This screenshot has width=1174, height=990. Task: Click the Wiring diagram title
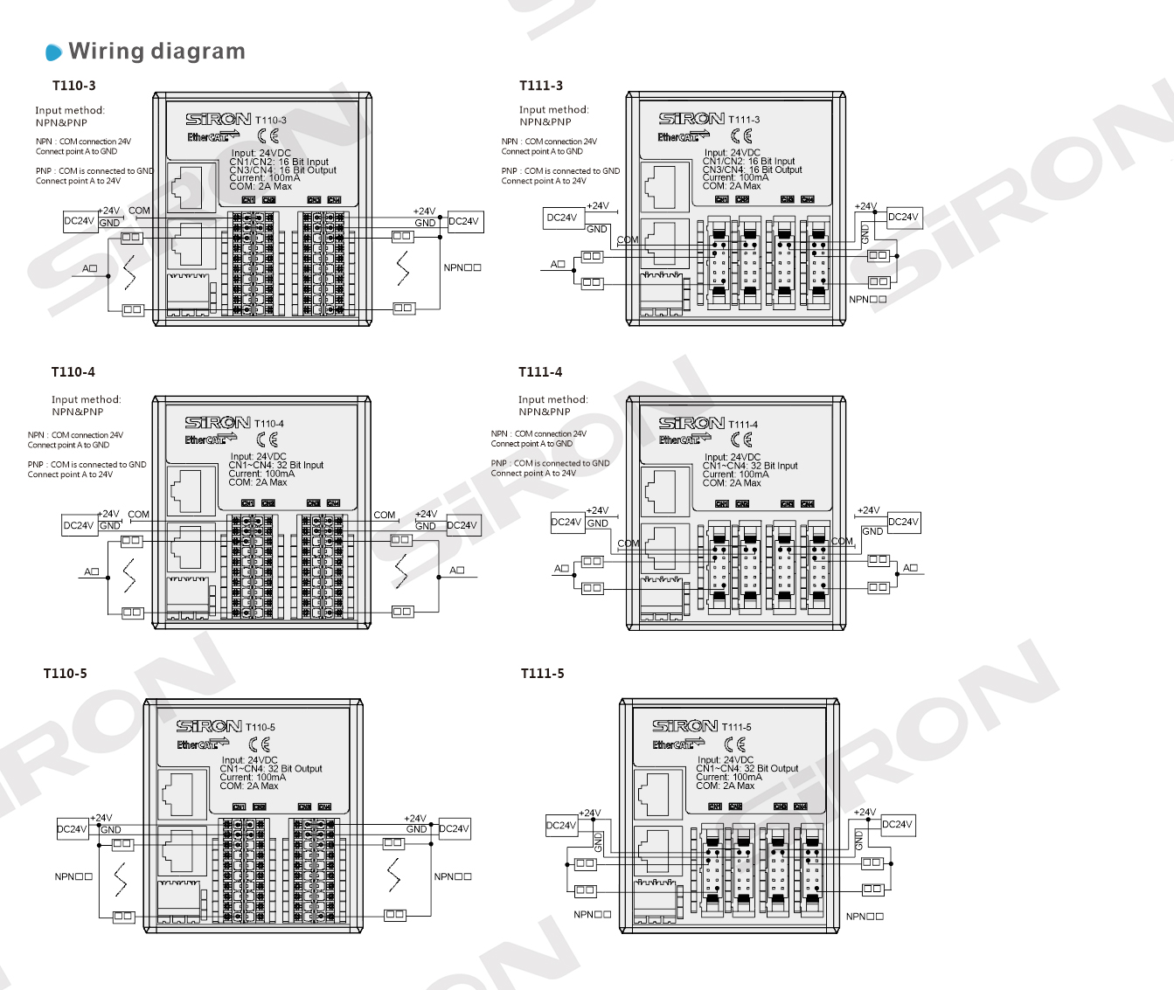(156, 52)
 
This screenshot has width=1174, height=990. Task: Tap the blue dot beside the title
(54, 52)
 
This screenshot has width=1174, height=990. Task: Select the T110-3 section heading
(74, 86)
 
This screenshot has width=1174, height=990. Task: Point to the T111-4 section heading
(540, 372)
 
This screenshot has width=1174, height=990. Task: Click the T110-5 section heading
(66, 674)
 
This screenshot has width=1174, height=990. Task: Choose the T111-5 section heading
(542, 674)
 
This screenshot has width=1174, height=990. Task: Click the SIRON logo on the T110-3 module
(219, 119)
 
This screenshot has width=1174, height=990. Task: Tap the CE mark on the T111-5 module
(736, 744)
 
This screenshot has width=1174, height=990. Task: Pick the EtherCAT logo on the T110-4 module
(211, 440)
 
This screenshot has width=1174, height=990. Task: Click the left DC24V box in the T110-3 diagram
(80, 222)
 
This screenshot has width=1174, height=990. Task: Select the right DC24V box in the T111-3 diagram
(904, 218)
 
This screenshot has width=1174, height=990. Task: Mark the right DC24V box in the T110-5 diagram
(454, 829)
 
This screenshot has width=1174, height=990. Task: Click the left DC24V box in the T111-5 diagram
(561, 826)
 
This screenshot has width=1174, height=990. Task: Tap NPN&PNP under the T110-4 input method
(77, 412)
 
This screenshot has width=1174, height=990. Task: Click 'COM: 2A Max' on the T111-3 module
(732, 186)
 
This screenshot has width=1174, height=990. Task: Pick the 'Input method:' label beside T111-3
(553, 110)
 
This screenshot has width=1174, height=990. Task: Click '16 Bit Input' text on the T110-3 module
(303, 162)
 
